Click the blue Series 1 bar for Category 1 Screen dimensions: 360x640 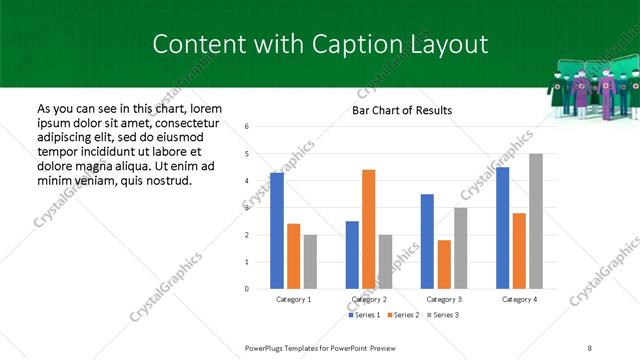pyautogui.click(x=277, y=231)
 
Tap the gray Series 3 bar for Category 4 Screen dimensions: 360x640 pyautogui.click(x=536, y=221)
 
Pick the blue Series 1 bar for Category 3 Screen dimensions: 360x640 pyautogui.click(x=427, y=241)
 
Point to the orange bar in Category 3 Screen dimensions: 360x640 pyautogui.click(x=444, y=264)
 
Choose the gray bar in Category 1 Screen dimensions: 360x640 pyautogui.click(x=310, y=262)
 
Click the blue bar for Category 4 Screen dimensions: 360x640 pyautogui.click(x=502, y=228)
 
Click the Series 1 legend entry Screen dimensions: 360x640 pyautogui.click(x=366, y=315)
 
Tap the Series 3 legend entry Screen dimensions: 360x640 pyautogui.click(x=444, y=315)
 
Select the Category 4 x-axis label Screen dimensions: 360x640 pyautogui.click(x=518, y=299)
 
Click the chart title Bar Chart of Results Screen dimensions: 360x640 pyautogui.click(x=401, y=110)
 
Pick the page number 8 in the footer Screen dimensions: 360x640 pyautogui.click(x=589, y=347)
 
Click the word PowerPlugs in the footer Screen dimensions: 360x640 pyautogui.click(x=266, y=347)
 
